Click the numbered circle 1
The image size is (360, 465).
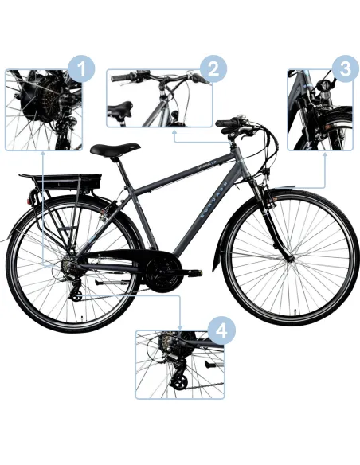pos(78,70)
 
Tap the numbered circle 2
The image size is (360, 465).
pos(210,71)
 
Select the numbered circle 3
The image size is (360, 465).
pos(343,69)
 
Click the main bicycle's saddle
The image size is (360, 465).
pos(111,149)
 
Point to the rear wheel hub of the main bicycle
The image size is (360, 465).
pos(69,268)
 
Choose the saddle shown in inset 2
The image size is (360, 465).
pos(122,109)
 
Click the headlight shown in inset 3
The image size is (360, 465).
pos(326,88)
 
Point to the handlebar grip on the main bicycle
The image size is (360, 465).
pos(226,124)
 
